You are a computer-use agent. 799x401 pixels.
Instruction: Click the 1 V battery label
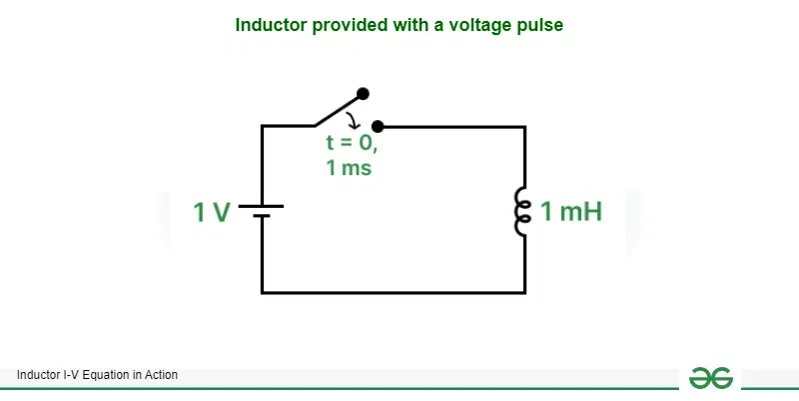[213, 212]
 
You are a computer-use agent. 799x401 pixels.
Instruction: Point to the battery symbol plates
[262, 211]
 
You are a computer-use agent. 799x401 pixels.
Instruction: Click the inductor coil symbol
[520, 211]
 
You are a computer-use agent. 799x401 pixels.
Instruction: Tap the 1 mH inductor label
[571, 212]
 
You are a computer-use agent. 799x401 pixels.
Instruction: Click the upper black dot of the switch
[363, 93]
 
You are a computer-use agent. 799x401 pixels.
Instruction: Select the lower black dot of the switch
[377, 127]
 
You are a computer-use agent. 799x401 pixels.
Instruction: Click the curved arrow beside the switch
[351, 120]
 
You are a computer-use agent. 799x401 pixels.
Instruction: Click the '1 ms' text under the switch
[349, 168]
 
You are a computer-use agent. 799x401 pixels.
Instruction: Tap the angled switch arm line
[338, 109]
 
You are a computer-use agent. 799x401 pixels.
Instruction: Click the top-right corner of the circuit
[524, 127]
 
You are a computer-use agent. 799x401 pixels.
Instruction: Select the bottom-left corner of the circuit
[262, 292]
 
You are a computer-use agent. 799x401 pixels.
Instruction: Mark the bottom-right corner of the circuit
[524, 292]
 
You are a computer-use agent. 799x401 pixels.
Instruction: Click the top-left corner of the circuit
[262, 127]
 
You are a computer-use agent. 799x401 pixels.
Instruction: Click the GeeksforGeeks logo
[710, 377]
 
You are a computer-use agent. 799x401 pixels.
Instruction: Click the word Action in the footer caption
[161, 375]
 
